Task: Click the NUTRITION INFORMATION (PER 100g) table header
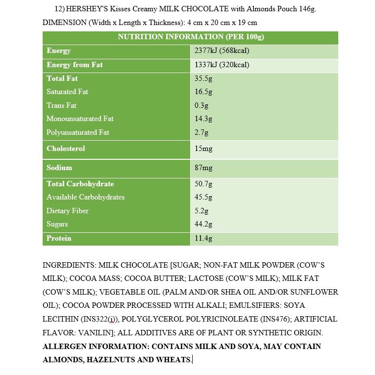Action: point(191,37)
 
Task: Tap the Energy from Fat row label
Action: point(75,65)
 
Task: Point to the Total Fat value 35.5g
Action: point(203,78)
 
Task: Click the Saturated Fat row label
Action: point(67,92)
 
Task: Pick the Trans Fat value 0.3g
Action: point(201,105)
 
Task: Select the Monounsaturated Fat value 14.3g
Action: point(203,119)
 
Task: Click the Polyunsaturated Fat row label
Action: point(77,132)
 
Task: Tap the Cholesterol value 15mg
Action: point(203,149)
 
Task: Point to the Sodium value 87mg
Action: point(203,168)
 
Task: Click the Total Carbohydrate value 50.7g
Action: point(203,184)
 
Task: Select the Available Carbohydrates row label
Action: point(85,197)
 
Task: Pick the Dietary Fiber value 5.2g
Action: point(201,211)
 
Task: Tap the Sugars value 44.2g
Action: point(203,224)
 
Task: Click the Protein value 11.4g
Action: point(203,238)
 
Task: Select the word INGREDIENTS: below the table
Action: point(69,265)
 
